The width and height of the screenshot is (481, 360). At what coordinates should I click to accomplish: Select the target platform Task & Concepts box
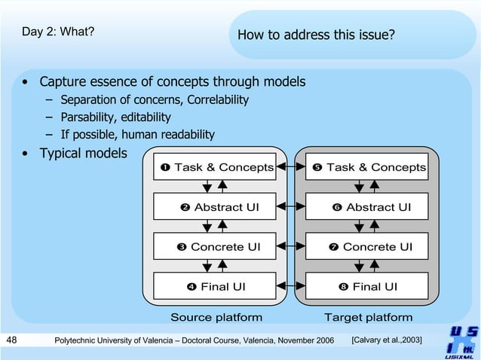367,167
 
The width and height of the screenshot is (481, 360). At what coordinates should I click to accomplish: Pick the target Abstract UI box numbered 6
367,207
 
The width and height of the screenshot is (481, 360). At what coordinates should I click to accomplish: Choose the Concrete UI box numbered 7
367,246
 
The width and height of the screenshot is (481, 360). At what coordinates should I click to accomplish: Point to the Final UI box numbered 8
367,286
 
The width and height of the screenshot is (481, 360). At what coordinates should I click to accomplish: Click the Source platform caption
216,317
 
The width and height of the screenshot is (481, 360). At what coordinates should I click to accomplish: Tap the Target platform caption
368,317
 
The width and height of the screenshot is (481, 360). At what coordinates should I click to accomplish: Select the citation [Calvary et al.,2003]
387,341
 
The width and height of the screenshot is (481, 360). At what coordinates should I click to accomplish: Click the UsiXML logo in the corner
461,341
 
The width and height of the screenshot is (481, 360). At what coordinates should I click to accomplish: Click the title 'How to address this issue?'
316,35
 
